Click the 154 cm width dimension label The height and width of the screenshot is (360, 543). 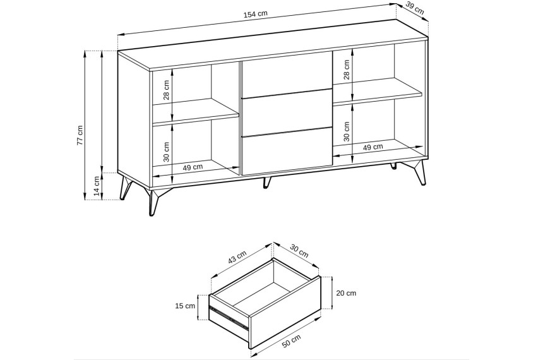pyautogui.click(x=256, y=14)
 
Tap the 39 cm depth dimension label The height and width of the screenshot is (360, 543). pyautogui.click(x=415, y=9)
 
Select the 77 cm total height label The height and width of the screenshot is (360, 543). pyautogui.click(x=80, y=135)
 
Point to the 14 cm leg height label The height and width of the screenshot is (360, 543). pyautogui.click(x=97, y=186)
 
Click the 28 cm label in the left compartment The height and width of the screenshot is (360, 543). pyautogui.click(x=166, y=90)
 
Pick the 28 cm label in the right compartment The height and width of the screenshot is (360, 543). pyautogui.click(x=347, y=69)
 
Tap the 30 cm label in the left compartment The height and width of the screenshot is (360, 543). pyautogui.click(x=166, y=152)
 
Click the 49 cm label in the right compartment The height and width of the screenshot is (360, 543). pyautogui.click(x=373, y=147)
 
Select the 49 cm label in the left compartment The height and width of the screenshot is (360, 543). pyautogui.click(x=193, y=167)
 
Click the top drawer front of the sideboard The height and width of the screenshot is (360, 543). pyautogui.click(x=285, y=78)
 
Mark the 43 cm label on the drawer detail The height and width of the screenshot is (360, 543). pyautogui.click(x=237, y=257)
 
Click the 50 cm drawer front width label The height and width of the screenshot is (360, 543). pyautogui.click(x=291, y=341)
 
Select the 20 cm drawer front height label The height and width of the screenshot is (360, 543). pyautogui.click(x=346, y=293)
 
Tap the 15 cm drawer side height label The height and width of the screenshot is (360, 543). pyautogui.click(x=185, y=306)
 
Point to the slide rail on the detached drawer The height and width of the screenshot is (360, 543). pyautogui.click(x=229, y=317)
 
